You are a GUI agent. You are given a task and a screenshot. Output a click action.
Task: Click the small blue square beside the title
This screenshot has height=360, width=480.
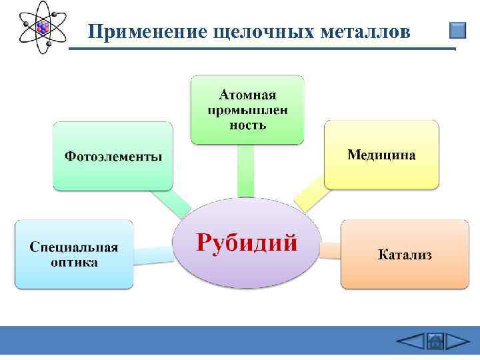(457, 31)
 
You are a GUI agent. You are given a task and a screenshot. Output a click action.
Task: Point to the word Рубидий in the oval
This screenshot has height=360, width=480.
(246, 241)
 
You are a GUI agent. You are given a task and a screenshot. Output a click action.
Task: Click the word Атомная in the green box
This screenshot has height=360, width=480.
(247, 95)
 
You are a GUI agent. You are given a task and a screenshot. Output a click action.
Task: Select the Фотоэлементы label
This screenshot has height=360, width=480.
(113, 156)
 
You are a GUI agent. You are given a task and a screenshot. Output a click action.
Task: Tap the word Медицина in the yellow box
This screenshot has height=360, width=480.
(381, 155)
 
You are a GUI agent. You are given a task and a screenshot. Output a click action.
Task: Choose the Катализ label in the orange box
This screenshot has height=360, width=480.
(405, 255)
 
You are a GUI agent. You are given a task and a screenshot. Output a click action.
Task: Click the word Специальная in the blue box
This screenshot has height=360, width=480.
(74, 247)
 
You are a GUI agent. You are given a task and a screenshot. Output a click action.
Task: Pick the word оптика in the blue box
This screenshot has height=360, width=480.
(74, 262)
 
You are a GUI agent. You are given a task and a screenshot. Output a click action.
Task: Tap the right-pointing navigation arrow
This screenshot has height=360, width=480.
(457, 341)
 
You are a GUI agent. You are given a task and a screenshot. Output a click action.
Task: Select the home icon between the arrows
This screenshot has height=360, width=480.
(434, 342)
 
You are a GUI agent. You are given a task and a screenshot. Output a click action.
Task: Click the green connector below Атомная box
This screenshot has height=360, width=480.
(245, 170)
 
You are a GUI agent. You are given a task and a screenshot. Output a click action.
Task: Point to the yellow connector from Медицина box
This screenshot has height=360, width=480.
(308, 198)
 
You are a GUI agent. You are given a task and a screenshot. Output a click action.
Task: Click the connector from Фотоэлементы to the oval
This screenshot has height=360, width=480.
(171, 203)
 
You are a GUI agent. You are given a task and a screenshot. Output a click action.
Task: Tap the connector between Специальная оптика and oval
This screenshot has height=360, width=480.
(153, 254)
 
